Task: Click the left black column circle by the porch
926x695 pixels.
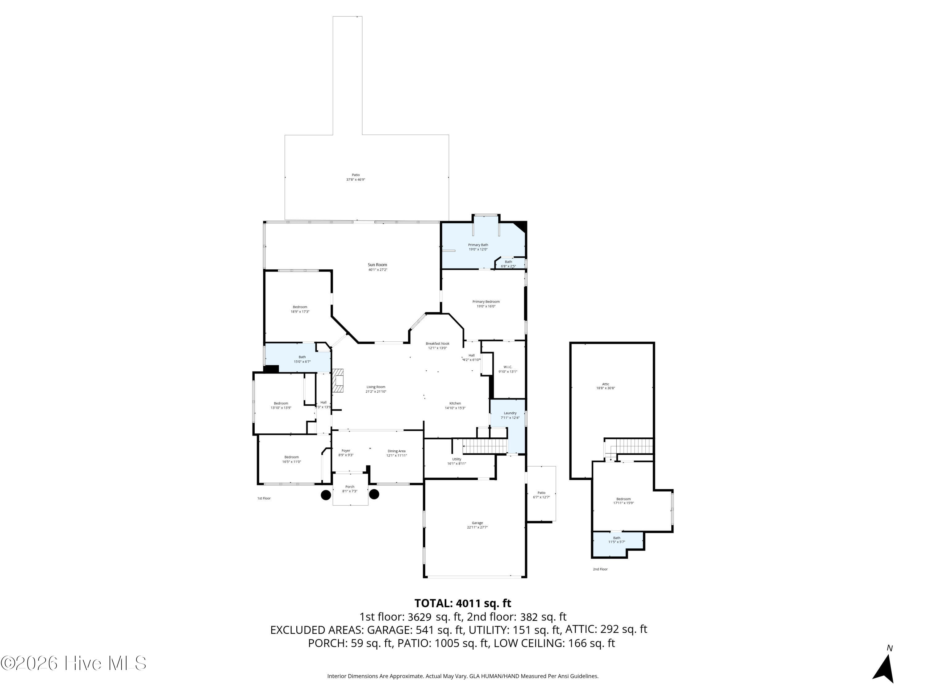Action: tap(326, 495)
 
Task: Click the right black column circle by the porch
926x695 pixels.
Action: tap(374, 494)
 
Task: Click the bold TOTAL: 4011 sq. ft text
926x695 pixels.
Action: tap(463, 603)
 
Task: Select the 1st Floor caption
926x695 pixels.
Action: tap(264, 498)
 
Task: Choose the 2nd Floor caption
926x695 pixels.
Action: tap(600, 569)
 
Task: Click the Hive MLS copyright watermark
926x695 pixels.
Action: tap(73, 663)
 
